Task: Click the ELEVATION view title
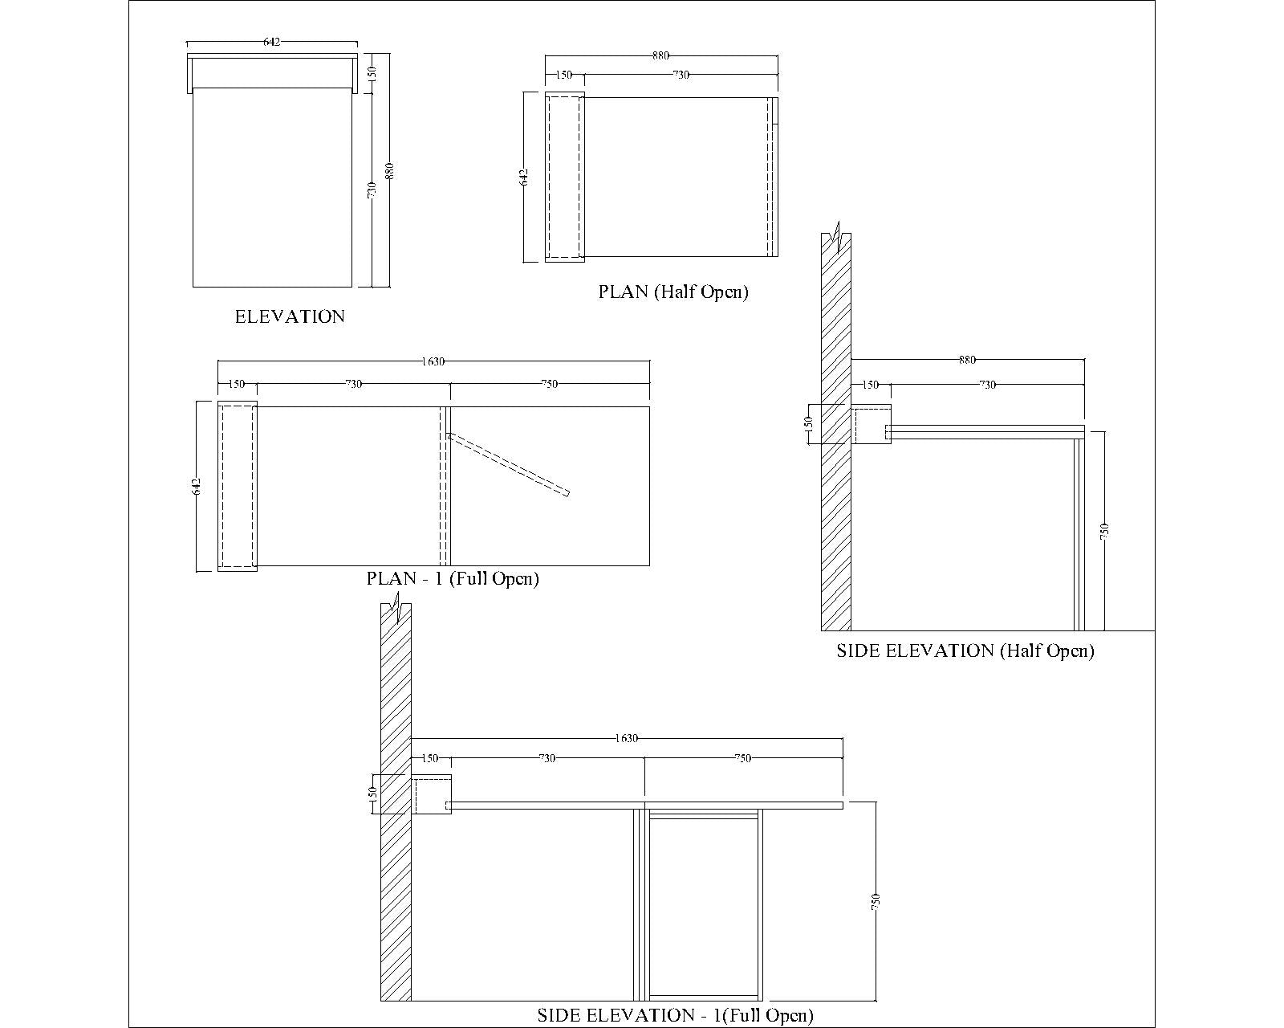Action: (x=290, y=316)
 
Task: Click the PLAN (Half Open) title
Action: (x=673, y=292)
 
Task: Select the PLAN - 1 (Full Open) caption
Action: (x=453, y=579)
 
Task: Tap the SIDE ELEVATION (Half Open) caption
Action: (x=965, y=651)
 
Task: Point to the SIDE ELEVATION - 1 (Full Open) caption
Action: (x=676, y=1015)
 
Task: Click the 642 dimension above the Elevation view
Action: (x=271, y=42)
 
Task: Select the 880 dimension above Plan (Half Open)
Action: (x=660, y=55)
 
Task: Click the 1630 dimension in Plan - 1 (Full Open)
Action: (x=433, y=361)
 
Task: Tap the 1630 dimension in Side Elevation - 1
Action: (x=627, y=738)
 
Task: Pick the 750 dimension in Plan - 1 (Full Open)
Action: (x=550, y=384)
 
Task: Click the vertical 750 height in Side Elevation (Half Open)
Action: (x=1104, y=531)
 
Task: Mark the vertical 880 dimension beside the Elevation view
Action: (x=390, y=171)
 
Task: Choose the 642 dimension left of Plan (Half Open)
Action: (x=524, y=177)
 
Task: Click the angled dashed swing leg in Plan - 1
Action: (x=508, y=464)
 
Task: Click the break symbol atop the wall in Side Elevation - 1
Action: (x=396, y=607)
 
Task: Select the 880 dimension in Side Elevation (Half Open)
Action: (x=967, y=360)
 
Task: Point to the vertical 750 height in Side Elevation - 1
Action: (x=876, y=901)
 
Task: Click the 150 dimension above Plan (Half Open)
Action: (x=564, y=75)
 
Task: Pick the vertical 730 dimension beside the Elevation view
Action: (x=372, y=190)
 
